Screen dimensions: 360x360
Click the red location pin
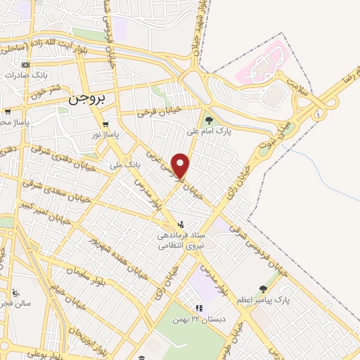(x=181, y=165)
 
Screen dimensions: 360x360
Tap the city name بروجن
(x=87, y=100)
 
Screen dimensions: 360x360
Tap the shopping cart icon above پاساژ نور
(x=105, y=124)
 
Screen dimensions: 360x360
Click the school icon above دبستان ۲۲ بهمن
(x=199, y=308)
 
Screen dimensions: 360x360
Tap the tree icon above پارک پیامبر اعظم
(x=263, y=289)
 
